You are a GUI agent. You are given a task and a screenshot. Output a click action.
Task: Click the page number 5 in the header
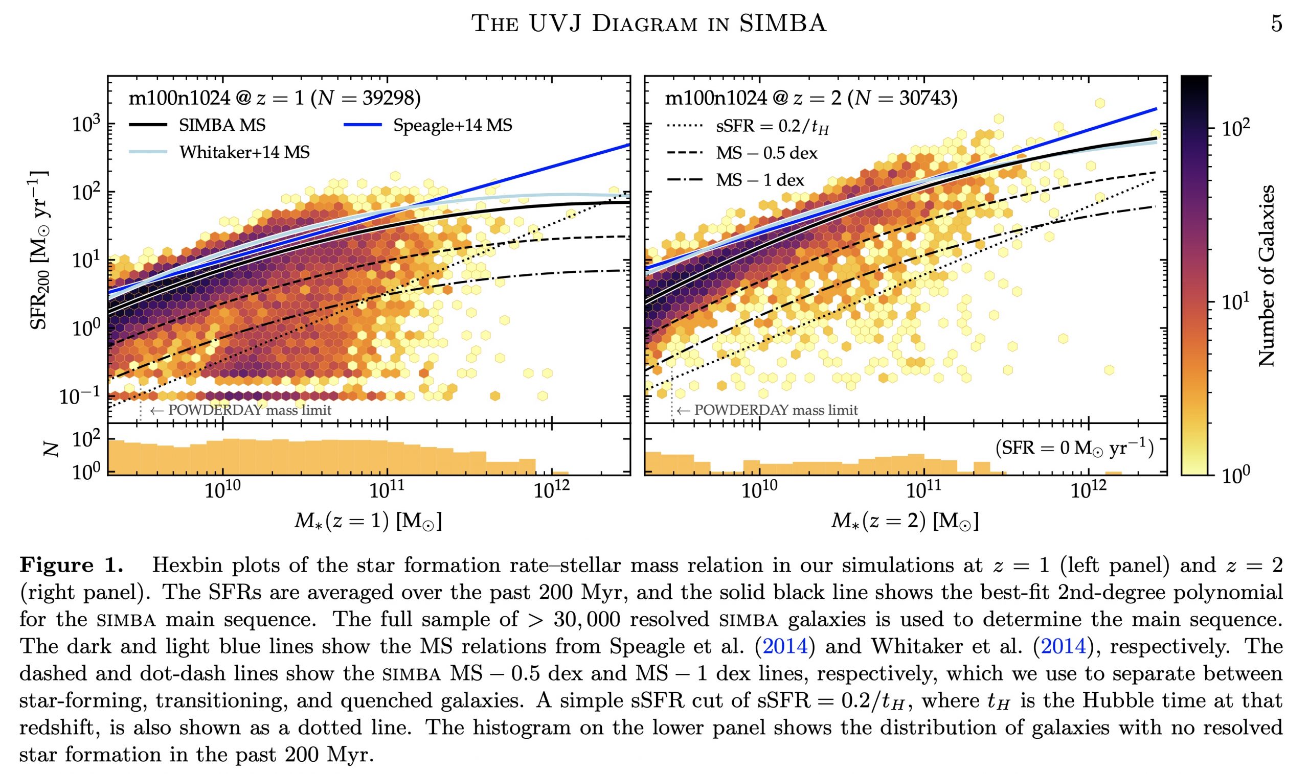pos(1276,24)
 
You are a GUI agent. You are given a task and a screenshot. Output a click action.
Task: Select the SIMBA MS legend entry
pos(222,126)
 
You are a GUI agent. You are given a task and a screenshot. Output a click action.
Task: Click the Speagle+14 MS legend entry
pos(453,126)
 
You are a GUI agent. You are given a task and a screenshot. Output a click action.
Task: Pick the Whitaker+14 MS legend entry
pos(244,152)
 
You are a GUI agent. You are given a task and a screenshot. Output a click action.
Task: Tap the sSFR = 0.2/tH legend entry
pos(772,127)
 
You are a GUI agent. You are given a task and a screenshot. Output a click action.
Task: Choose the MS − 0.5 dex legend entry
pos(766,153)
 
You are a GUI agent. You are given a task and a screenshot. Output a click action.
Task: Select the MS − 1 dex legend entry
pos(759,180)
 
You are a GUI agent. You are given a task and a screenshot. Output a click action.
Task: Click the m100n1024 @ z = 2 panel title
pos(810,99)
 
